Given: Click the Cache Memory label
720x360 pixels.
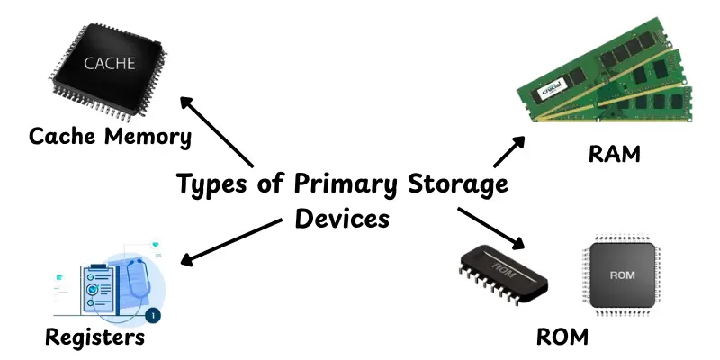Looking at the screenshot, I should (110, 138).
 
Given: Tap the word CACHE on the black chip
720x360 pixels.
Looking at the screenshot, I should (110, 64).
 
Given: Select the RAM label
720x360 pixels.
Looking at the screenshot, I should (614, 154).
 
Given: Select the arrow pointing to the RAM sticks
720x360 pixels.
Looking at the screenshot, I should (509, 152).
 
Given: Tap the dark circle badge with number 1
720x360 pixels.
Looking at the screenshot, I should (153, 316).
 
